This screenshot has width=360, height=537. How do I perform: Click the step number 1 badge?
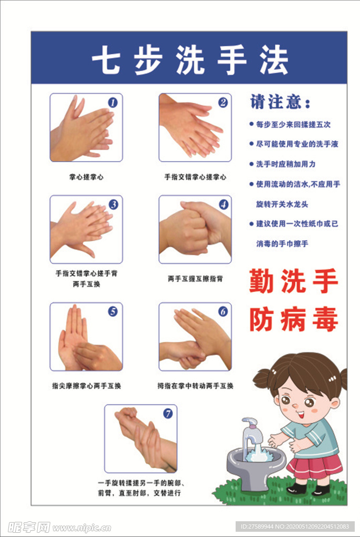point(113,102)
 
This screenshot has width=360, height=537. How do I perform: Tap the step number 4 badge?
point(224,205)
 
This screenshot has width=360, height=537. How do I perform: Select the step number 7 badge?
point(168,413)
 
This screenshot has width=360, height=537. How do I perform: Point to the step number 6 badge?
point(223,312)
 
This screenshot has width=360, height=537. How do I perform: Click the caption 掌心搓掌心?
point(86,177)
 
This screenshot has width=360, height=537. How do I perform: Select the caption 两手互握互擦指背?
point(195,279)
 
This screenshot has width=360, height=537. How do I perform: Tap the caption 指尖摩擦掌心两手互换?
point(87,386)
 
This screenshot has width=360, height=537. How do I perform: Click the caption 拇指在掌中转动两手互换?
point(195,386)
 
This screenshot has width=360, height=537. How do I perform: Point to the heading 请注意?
point(280,102)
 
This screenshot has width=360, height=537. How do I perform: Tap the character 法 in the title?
point(273,61)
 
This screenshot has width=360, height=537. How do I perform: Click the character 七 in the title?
point(106,61)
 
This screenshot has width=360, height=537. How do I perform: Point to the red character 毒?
point(325,319)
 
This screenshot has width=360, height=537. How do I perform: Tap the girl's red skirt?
point(315,466)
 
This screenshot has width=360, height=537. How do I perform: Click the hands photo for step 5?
point(86,337)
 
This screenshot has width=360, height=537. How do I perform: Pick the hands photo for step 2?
point(195,127)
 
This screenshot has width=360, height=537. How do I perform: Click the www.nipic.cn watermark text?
point(82,528)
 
